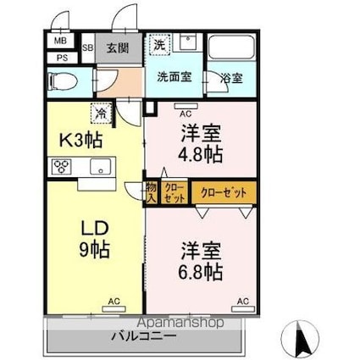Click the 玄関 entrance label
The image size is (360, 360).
[119, 47]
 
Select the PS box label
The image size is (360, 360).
[62, 58]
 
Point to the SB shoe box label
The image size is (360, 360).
[88, 47]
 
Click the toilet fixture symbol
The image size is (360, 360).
[64, 81]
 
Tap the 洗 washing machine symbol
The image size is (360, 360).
[159, 42]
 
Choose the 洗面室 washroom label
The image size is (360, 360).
[174, 76]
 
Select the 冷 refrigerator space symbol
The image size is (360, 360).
[101, 111]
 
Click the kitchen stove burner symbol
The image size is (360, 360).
[63, 166]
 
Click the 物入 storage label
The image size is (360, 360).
[150, 192]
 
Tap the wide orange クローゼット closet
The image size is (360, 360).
[224, 193]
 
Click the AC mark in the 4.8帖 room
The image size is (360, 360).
[186, 109]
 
